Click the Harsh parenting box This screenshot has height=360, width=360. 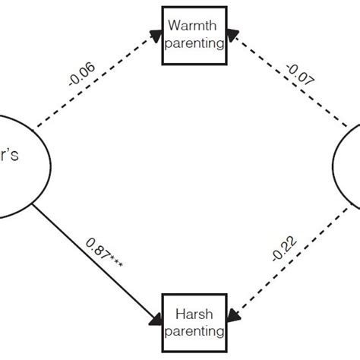click(x=194, y=323)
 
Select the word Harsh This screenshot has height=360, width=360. click(x=195, y=314)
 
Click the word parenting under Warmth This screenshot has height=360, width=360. click(x=195, y=43)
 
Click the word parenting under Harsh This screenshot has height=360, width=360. click(x=195, y=331)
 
